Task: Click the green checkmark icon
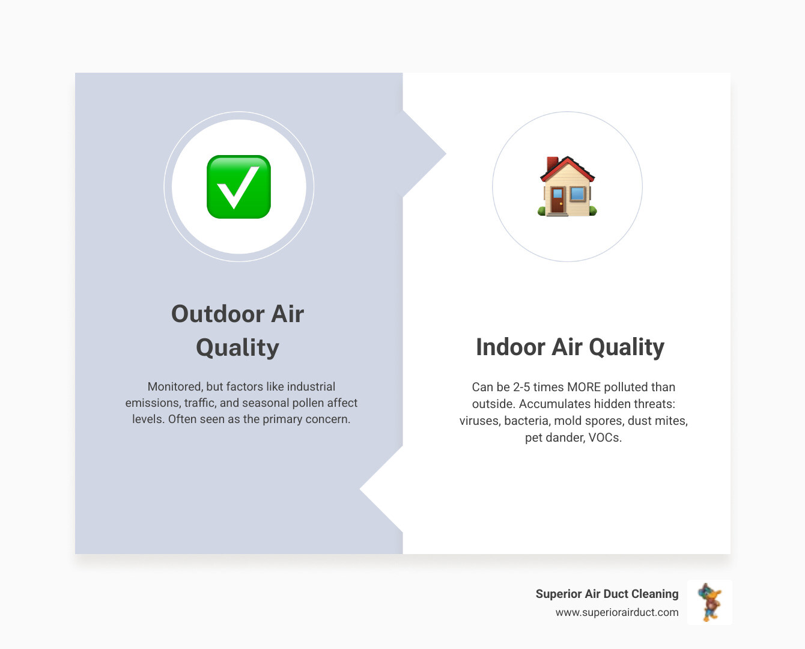pyautogui.click(x=238, y=187)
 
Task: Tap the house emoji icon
pyautogui.click(x=567, y=187)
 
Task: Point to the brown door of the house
pyautogui.click(x=557, y=201)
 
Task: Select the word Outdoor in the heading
pyautogui.click(x=217, y=314)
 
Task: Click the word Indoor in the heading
pyautogui.click(x=511, y=347)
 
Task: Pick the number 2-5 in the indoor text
pyautogui.click(x=521, y=387)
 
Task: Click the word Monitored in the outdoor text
pyautogui.click(x=175, y=386)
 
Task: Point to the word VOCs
pyautogui.click(x=605, y=437)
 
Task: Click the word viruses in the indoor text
pyautogui.click(x=479, y=421)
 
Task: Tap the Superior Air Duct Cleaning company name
pyautogui.click(x=607, y=594)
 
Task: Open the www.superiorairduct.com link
pyautogui.click(x=617, y=612)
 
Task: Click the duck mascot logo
pyautogui.click(x=709, y=602)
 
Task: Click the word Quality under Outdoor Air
pyautogui.click(x=237, y=347)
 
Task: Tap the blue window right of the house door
pyautogui.click(x=577, y=193)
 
